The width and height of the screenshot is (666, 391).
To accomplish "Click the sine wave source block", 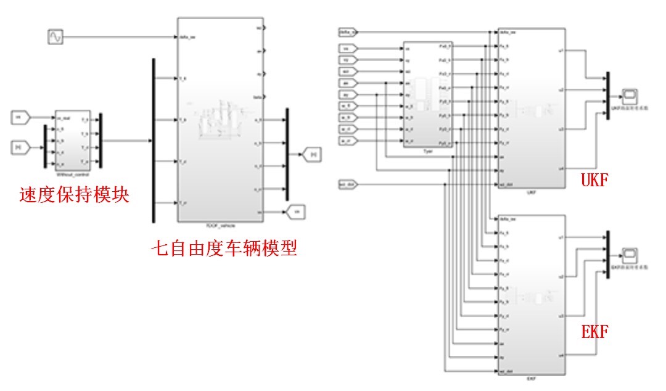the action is pos(55,38).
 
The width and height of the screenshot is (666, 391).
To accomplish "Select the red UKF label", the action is pos(595,181).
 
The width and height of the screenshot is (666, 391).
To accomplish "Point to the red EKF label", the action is pos(595,332).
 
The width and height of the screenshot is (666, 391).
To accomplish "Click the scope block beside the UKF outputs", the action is pos(630,95).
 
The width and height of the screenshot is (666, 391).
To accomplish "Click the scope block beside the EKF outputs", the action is pos(630,253).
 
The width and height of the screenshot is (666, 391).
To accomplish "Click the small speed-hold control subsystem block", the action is pos(73,141).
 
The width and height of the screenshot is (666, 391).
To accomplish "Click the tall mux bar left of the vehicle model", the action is pos(153,140).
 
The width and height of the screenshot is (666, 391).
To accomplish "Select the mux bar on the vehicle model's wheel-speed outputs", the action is pos(287,154).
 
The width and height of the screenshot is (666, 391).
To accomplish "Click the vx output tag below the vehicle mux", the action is pos(296,212).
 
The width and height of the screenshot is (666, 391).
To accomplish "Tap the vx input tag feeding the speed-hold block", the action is pos(22,116).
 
